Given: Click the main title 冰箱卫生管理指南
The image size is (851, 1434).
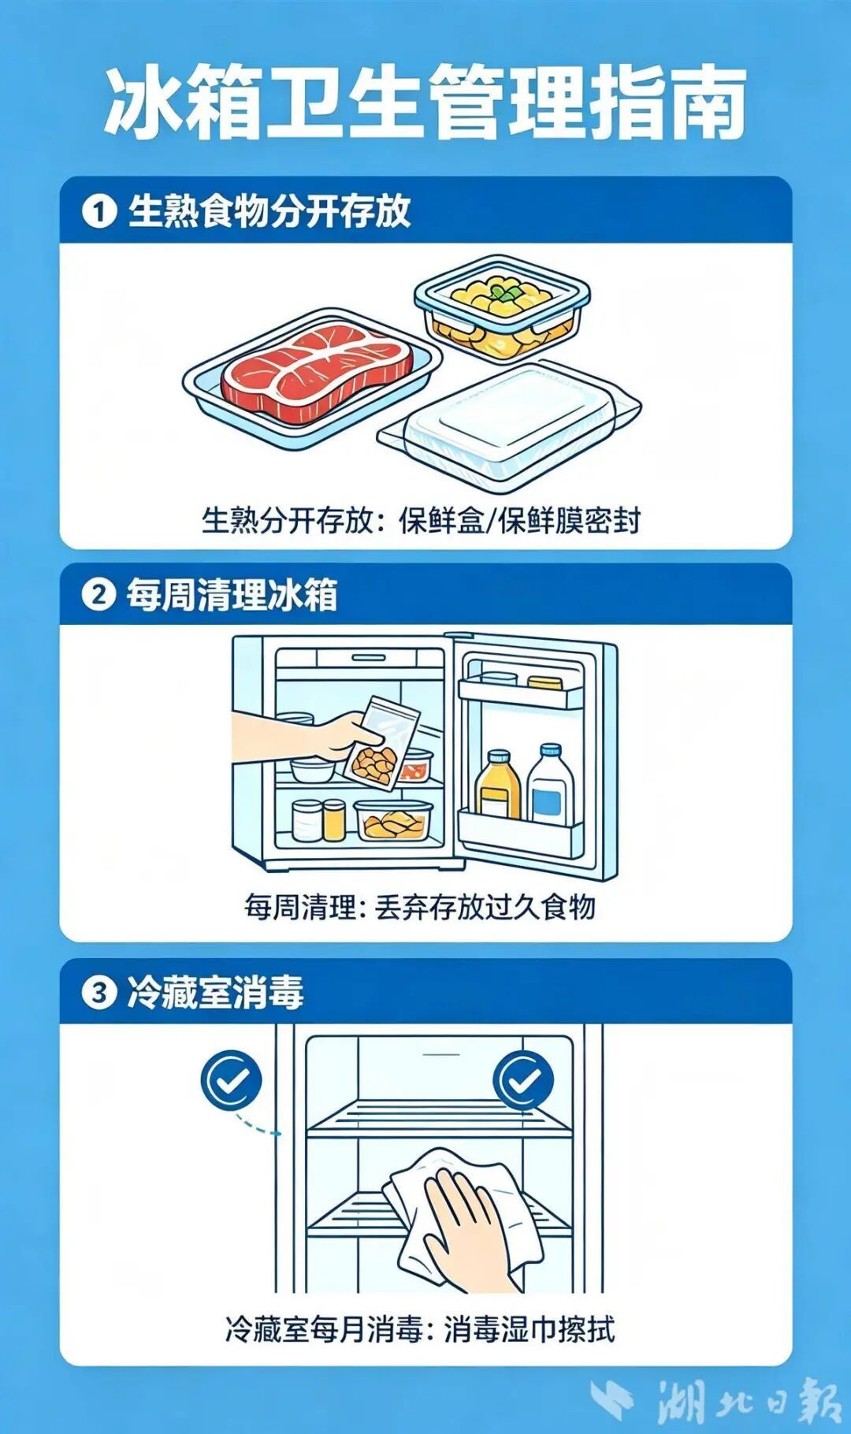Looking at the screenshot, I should tap(425, 102).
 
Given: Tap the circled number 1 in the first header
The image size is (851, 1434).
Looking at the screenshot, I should tap(99, 211).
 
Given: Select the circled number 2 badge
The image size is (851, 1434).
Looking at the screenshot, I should tap(98, 594).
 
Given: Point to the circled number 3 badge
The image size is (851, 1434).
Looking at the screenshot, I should tap(98, 992).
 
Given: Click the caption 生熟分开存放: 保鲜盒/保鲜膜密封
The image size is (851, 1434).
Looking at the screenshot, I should tap(421, 521).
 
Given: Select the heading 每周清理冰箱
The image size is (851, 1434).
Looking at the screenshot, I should tap(232, 595).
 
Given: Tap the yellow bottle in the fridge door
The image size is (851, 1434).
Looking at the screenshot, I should tap(497, 785).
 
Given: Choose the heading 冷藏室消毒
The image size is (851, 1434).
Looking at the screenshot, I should tap(215, 992).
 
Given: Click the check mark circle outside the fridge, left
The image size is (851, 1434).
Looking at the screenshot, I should tap(231, 1080).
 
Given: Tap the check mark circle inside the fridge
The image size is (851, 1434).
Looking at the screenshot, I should tap(522, 1080).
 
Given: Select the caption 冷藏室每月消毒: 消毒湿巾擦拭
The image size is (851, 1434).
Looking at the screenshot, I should tap(419, 1330).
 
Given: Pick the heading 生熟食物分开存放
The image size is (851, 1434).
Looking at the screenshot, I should tap(269, 211).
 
